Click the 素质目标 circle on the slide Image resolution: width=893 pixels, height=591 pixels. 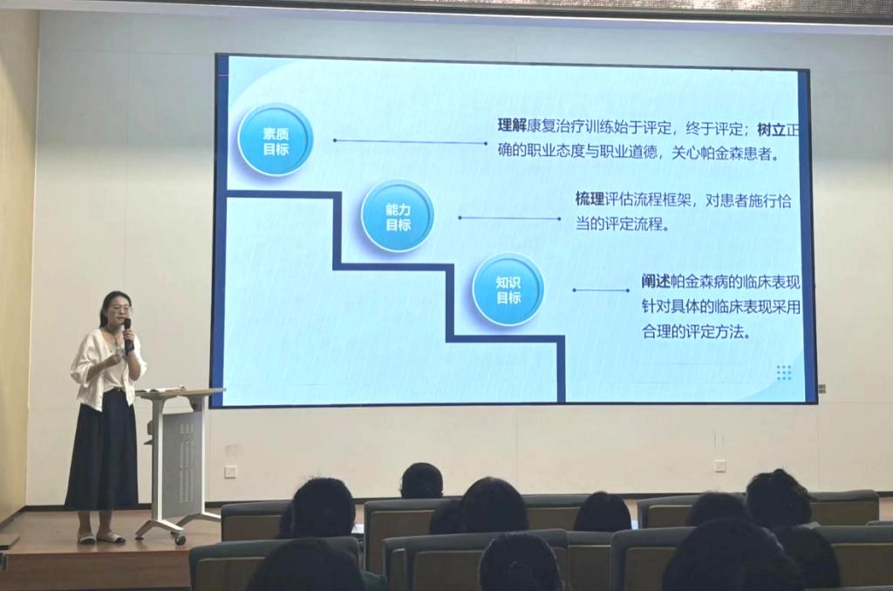[x=276, y=140]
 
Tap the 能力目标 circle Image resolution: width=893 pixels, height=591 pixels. [x=398, y=216]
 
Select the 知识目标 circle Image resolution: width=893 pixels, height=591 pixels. [x=508, y=289]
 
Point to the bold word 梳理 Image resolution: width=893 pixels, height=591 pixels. [x=590, y=200]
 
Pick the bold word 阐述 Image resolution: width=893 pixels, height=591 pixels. [x=656, y=282]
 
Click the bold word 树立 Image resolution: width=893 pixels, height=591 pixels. [x=771, y=129]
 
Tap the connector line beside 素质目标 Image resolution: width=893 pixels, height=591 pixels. [x=410, y=141]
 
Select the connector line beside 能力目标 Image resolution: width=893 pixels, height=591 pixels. [x=509, y=218]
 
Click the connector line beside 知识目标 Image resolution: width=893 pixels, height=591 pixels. [x=602, y=290]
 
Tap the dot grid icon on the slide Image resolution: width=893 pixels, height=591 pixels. [x=784, y=372]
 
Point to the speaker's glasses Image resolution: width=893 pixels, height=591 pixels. [x=120, y=309]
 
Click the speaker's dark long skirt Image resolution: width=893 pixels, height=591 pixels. [x=103, y=450]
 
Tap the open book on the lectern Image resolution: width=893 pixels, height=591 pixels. [x=161, y=390]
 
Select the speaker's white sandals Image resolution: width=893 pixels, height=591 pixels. [x=101, y=537]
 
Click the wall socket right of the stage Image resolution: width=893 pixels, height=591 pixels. [x=719, y=465]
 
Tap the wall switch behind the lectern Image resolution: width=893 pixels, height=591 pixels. [x=230, y=472]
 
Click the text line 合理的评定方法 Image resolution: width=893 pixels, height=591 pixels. [x=693, y=331]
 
